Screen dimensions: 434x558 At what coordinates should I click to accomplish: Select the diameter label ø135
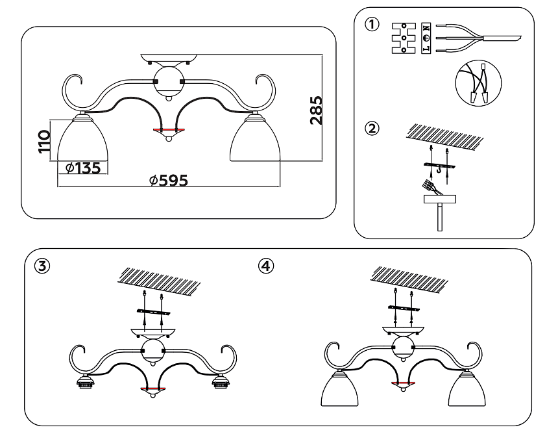83,168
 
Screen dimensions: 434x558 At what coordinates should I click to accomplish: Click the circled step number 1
371,25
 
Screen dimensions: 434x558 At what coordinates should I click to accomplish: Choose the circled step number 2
371,128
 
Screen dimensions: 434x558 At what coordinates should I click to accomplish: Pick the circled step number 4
267,266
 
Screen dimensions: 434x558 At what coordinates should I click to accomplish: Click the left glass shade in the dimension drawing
82,140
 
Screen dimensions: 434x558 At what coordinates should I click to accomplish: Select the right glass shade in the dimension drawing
255,140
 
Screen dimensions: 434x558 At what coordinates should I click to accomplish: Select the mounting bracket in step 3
154,313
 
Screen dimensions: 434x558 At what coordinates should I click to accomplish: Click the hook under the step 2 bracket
439,171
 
